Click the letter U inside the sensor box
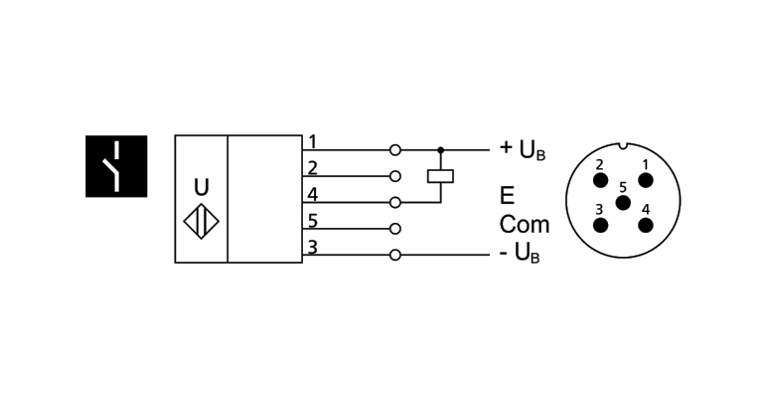(202, 185)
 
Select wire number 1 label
(312, 140)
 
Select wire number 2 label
(312, 166)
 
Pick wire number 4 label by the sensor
(312, 193)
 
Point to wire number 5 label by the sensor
(312, 220)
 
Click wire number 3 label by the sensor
(312, 247)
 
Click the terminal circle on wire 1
(395, 149)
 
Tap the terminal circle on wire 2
(395, 176)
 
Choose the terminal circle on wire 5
(395, 229)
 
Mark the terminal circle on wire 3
(395, 255)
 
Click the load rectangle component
(440, 176)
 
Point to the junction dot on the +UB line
(440, 149)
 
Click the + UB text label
(523, 150)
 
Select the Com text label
(524, 224)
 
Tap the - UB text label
(523, 256)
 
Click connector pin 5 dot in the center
(623, 202)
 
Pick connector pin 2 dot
(600, 179)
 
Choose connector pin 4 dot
(646, 224)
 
